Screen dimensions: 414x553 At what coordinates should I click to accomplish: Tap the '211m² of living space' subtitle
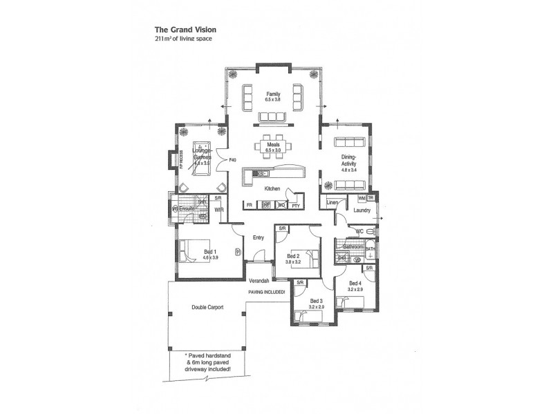pos(183,39)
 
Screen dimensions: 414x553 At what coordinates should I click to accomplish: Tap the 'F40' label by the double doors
pos(233,160)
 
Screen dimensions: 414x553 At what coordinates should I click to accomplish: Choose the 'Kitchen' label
pos(272,188)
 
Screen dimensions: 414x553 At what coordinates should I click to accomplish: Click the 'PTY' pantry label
pos(295,206)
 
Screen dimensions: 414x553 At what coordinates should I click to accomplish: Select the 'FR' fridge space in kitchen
pos(249,206)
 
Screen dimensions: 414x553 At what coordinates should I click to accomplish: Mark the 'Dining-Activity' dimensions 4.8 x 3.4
pos(348,169)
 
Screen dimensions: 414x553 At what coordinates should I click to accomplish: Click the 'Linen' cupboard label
pos(332,202)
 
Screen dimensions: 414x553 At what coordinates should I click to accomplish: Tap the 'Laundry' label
pos(362,210)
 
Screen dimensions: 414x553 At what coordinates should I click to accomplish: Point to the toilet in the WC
pos(370,232)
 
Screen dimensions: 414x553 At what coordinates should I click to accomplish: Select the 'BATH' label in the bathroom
pos(370,249)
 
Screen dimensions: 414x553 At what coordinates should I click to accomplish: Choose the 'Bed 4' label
pos(355,284)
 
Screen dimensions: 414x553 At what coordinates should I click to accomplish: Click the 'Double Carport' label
pos(207,307)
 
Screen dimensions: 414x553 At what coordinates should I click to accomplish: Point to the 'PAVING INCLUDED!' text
pos(266,292)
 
